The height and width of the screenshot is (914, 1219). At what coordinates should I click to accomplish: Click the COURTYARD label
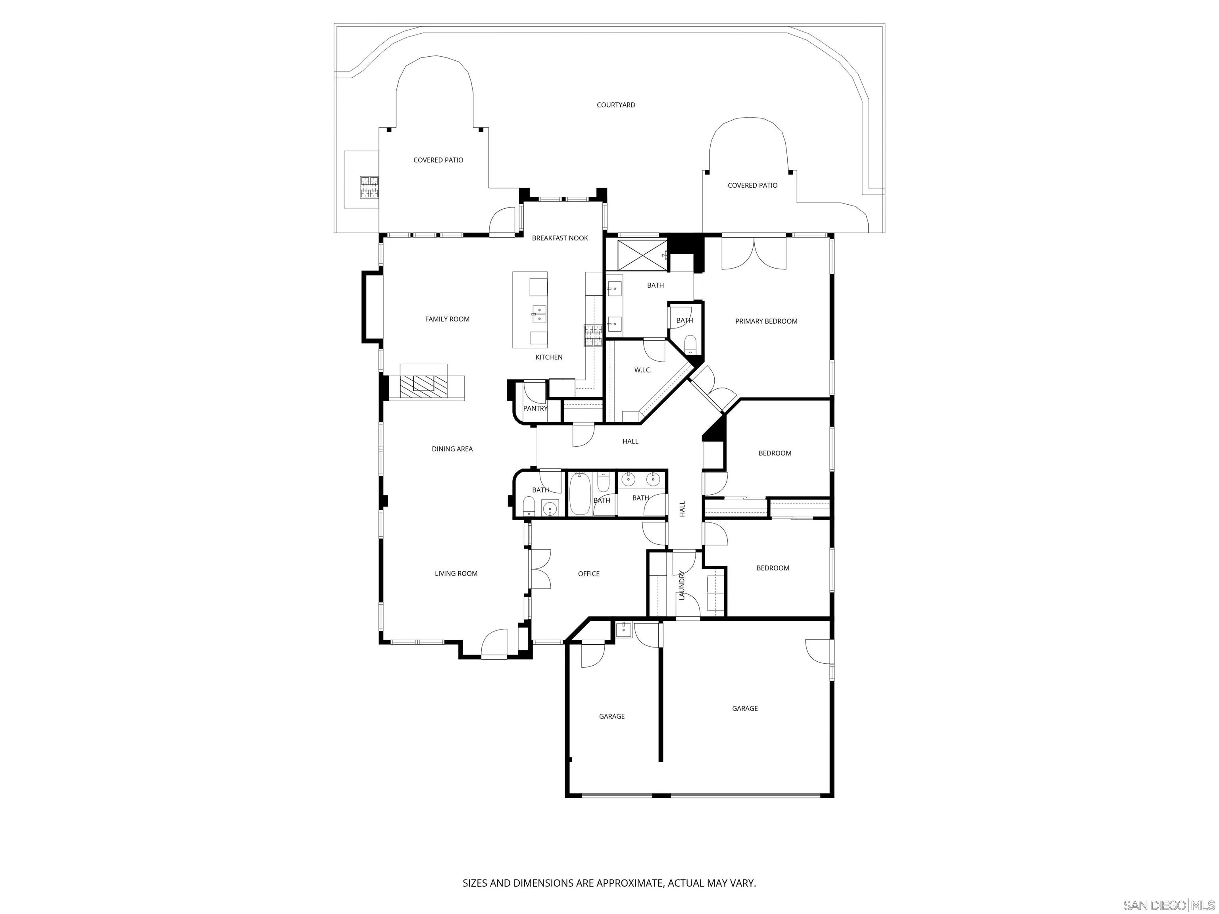coord(615,105)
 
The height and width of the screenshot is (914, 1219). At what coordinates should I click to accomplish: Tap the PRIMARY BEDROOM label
coord(765,321)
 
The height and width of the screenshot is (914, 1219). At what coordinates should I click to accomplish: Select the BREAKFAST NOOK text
coord(560,238)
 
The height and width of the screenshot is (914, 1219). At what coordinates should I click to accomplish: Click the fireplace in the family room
coord(424,384)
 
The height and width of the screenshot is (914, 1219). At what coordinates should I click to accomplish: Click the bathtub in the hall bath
coord(579,494)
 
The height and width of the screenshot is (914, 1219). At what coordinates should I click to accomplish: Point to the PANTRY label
coord(535,408)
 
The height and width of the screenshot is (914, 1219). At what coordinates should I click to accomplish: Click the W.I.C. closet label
coord(642,370)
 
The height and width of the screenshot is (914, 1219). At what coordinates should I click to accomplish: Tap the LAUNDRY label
coord(682,585)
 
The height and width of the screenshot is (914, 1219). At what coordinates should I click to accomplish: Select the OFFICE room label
coord(588,574)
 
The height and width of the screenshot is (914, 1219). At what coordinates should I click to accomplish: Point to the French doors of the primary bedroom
coord(753,254)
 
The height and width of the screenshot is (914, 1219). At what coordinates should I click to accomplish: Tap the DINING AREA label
coord(452,449)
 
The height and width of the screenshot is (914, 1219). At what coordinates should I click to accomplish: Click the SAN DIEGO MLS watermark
coord(1168,905)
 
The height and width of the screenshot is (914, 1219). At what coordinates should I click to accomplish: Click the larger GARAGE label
coord(744,709)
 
